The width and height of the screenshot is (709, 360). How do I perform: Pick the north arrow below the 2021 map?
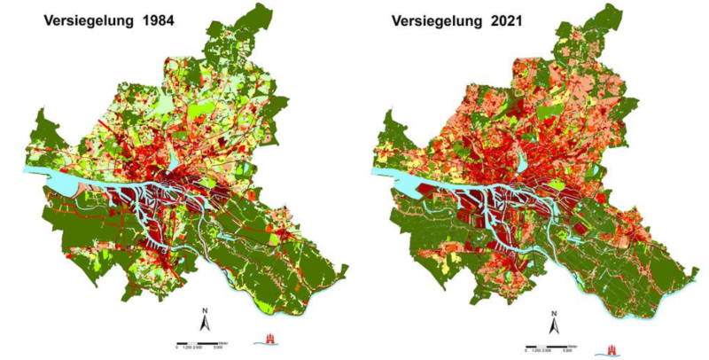(554, 328)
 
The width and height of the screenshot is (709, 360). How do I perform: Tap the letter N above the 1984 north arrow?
(205, 311)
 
